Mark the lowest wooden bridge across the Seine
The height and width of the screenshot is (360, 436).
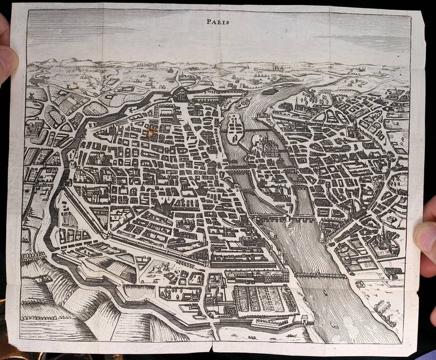click(x=321, y=275)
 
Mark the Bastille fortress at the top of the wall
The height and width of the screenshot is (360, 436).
click(x=182, y=95)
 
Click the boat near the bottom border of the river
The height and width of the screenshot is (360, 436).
click(x=334, y=325)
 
